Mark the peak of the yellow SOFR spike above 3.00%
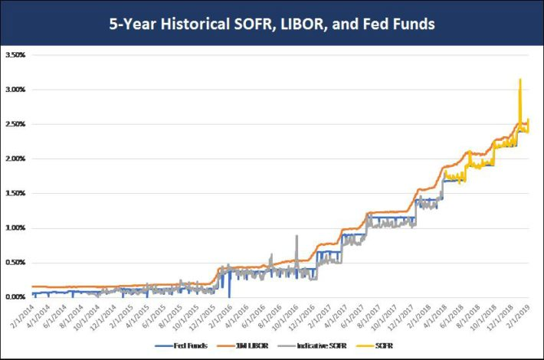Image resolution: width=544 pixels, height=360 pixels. tap(520, 79)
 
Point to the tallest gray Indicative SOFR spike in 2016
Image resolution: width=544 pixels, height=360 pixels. tap(297, 237)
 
